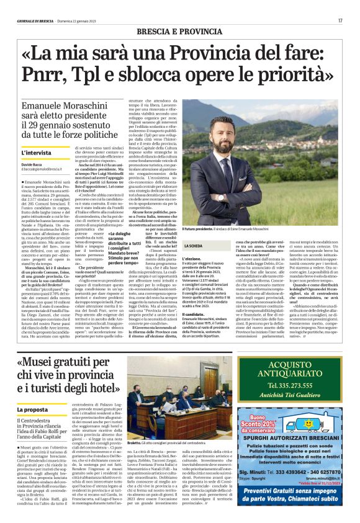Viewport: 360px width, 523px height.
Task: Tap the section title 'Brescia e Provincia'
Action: tap(184, 31)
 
